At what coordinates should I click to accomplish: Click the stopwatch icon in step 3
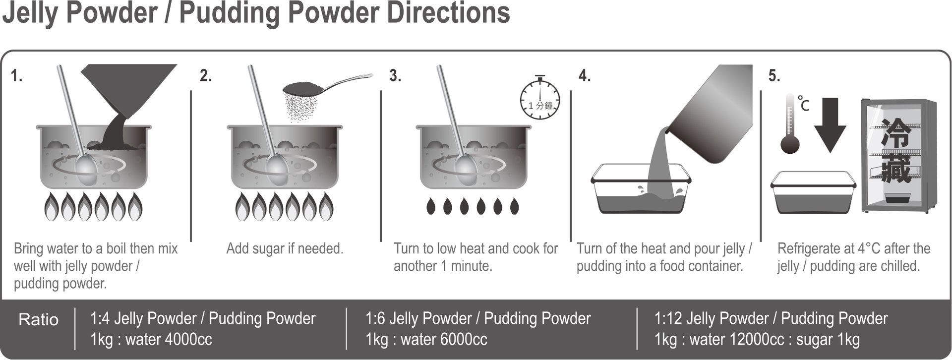(540, 99)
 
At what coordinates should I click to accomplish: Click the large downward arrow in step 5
(830, 124)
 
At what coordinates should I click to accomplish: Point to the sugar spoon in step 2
(327, 85)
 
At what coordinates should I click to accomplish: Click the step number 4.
(585, 76)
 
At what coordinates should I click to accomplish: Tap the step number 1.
(17, 76)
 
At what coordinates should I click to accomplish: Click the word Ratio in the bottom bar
(38, 319)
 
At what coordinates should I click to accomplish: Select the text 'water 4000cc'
(169, 340)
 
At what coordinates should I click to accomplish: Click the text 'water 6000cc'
(444, 340)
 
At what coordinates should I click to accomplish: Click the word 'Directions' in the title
(448, 13)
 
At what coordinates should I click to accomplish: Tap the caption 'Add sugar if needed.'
(285, 248)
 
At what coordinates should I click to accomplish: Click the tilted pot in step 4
(709, 115)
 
